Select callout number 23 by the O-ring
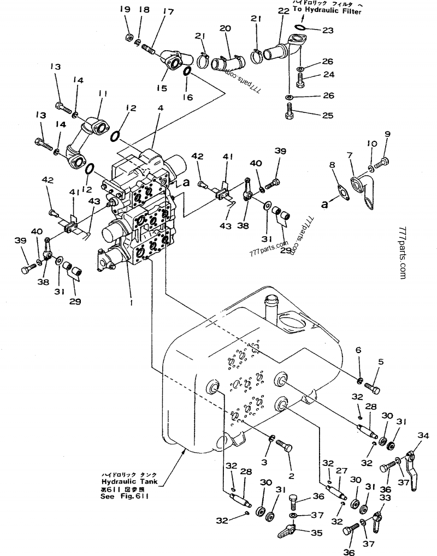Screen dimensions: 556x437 327,31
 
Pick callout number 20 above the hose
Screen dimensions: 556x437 226,28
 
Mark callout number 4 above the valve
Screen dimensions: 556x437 160,108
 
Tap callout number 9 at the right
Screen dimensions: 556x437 388,134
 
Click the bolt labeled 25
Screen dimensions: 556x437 290,116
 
